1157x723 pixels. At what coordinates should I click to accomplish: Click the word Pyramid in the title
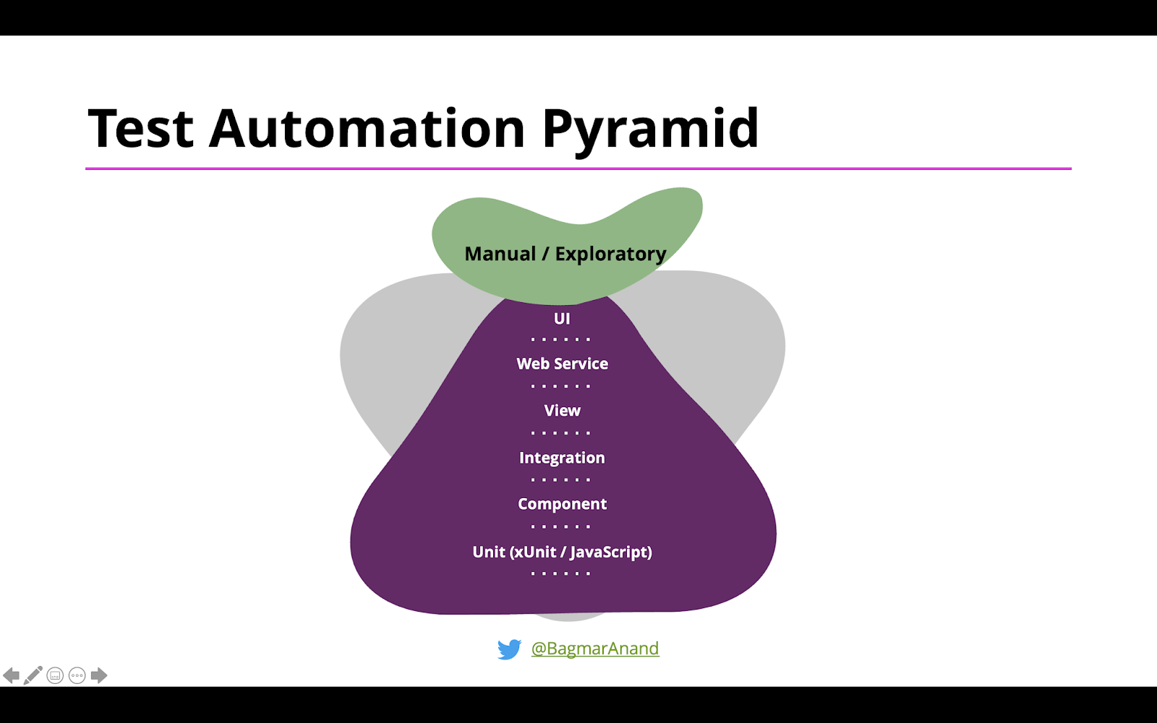(650, 129)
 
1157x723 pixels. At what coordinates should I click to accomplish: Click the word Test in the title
(140, 129)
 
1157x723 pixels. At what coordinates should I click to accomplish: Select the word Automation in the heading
(367, 129)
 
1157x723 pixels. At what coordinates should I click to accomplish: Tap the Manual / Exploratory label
(565, 254)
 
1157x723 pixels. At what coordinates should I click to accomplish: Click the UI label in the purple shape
(562, 319)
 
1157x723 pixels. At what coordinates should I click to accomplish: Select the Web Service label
(562, 364)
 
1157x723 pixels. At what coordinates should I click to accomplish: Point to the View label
(562, 411)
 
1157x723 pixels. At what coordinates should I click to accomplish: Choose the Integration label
(562, 458)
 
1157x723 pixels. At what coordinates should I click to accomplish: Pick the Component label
(562, 504)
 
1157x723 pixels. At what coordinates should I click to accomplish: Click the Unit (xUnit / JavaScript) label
(562, 552)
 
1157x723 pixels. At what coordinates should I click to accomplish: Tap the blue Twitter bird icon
(509, 649)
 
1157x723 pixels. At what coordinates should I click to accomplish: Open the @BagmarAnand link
(595, 649)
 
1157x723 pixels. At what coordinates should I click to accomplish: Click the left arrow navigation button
(11, 675)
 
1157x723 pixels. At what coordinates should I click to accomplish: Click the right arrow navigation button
(99, 675)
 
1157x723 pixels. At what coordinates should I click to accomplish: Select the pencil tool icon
(33, 675)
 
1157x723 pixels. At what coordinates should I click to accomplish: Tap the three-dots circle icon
(77, 675)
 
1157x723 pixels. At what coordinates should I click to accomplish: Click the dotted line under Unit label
(560, 573)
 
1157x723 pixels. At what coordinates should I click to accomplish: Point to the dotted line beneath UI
(560, 339)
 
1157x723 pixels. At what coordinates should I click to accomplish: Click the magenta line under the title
(578, 168)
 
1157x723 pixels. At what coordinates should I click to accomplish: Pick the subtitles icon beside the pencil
(55, 675)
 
